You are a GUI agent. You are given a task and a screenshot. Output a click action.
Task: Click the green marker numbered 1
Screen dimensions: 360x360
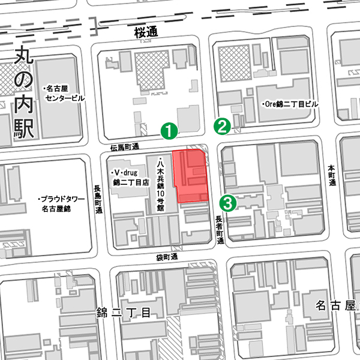(x=170, y=130)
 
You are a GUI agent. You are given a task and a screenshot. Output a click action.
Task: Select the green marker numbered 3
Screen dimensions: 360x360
(x=227, y=202)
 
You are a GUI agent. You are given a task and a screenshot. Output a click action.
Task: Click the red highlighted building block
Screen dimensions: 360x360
(x=191, y=176)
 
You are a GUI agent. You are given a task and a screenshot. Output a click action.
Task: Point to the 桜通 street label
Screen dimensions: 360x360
(x=146, y=33)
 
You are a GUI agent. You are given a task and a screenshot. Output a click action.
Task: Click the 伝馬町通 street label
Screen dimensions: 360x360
(x=125, y=147)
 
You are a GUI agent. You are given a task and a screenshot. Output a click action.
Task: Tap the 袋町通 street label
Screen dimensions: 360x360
(x=167, y=257)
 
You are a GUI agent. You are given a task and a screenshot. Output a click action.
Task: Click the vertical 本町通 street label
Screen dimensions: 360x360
(x=330, y=175)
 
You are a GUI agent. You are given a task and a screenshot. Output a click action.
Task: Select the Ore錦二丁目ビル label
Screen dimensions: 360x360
(x=290, y=104)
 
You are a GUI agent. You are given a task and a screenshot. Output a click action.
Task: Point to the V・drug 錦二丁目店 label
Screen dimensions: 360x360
(x=128, y=176)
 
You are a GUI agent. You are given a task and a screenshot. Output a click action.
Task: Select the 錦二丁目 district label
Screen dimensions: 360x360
(x=127, y=313)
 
